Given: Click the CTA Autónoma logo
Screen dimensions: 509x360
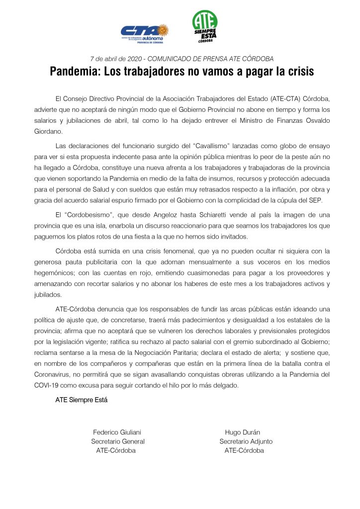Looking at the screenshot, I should (x=144, y=33).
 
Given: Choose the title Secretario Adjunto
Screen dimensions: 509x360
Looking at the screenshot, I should (x=246, y=441).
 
